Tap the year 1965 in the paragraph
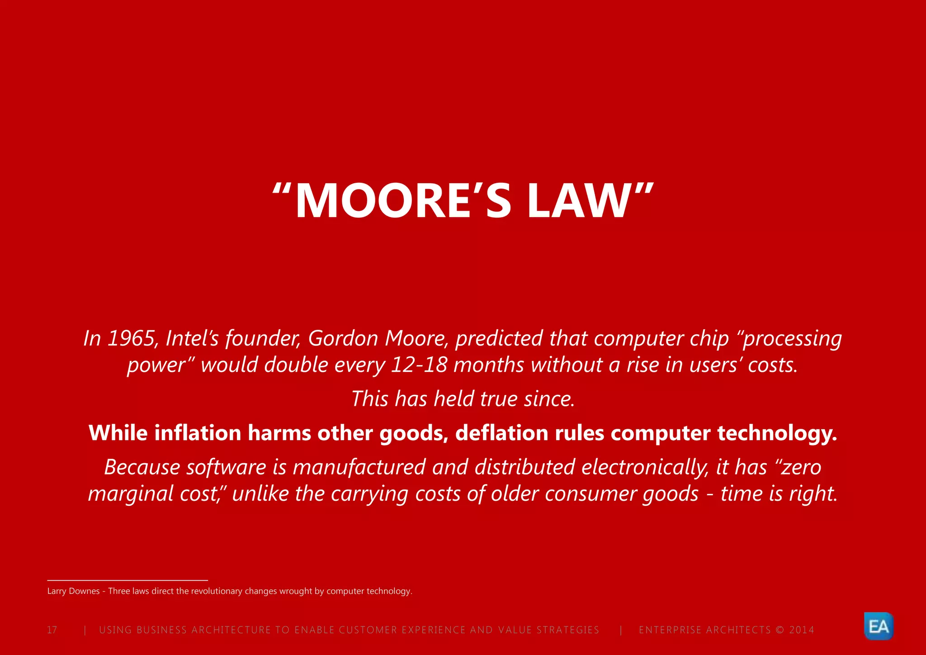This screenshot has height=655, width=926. point(132,339)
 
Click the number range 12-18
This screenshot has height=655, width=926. point(419,365)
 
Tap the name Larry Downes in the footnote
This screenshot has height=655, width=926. point(73,591)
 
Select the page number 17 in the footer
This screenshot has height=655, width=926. point(52,630)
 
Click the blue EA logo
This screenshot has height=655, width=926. point(879,627)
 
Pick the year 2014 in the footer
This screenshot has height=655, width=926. point(801,630)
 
